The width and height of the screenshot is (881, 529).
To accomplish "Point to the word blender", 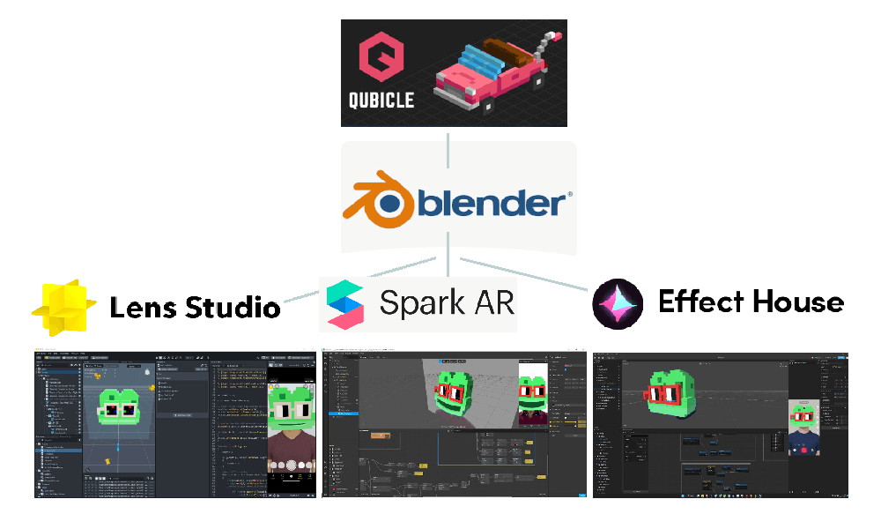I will (x=492, y=204).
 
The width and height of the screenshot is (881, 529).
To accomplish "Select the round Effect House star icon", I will (x=618, y=302).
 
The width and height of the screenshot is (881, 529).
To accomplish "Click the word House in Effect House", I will (x=797, y=302).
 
